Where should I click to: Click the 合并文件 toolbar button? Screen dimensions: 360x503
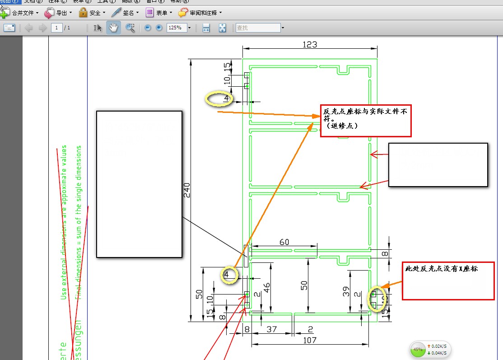pos(20,13)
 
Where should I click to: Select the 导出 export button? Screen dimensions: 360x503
pos(58,13)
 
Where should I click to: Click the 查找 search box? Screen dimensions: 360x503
pos(257,28)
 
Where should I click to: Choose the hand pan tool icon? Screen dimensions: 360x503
pos(113,28)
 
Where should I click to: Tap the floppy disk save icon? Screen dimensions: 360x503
pos(206,28)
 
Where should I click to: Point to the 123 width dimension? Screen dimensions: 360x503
pos(310,45)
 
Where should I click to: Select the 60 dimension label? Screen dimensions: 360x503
pos(284,243)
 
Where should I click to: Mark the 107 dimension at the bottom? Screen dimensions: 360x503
pos(310,340)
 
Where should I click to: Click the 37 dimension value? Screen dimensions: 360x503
pos(271,330)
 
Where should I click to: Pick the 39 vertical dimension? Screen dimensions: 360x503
pos(346,291)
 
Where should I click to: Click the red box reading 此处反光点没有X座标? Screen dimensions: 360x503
pos(448,280)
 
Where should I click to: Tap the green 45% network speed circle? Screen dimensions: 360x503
pos(418,350)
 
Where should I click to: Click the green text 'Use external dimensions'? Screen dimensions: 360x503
pos(64,221)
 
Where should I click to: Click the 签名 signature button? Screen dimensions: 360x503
pos(126,13)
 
